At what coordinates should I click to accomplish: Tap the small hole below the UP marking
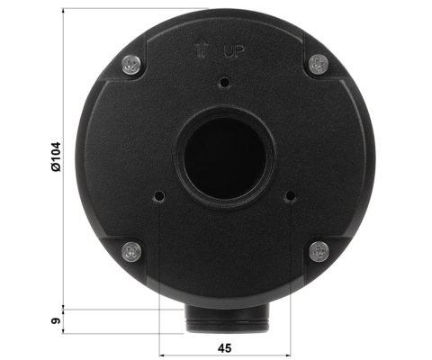[x=224, y=82]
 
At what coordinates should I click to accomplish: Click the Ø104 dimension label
[x=56, y=157]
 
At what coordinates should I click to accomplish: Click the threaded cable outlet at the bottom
[x=224, y=318]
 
